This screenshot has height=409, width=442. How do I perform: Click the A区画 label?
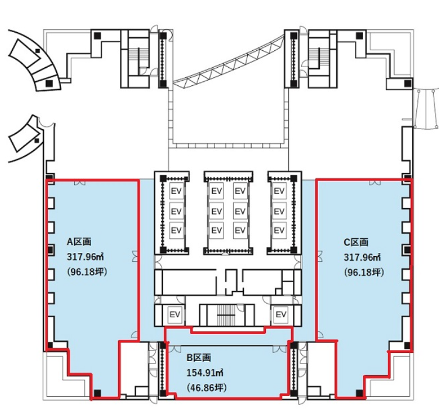point(79,242)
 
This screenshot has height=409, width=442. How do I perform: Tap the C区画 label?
point(356,242)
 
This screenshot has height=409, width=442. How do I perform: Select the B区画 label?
point(199,358)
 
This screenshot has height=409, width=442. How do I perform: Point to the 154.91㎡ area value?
point(205,373)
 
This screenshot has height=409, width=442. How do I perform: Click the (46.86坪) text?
point(206,387)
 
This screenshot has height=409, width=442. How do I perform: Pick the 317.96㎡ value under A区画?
point(85,257)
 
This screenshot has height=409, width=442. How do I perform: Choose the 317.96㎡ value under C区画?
point(362,257)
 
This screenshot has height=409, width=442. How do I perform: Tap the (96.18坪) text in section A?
point(87,272)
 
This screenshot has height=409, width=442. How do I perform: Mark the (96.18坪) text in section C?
point(364,272)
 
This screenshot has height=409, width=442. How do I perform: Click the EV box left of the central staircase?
point(175,314)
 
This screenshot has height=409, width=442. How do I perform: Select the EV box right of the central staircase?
point(281,314)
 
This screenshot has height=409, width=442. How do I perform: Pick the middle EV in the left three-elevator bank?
point(176,211)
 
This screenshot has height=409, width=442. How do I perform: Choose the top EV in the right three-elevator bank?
point(279,191)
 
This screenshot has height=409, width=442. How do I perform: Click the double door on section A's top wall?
point(80,183)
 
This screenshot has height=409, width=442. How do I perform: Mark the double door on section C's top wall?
point(375,183)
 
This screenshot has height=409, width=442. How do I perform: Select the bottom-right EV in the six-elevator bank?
point(240,230)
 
